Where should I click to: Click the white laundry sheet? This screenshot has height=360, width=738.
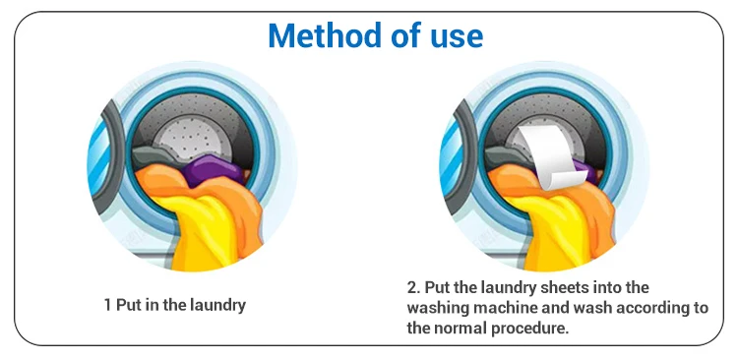[553, 156]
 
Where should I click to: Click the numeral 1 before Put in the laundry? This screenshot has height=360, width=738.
[108, 305]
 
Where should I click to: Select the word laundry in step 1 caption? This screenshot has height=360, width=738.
[217, 306]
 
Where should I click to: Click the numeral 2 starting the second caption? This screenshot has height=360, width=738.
[412, 287]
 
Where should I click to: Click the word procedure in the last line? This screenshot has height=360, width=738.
[530, 329]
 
